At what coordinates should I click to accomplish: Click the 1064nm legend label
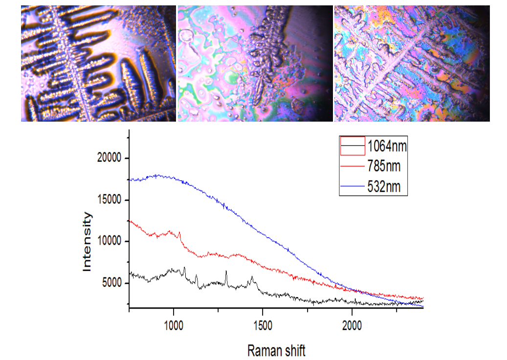[x=388, y=146]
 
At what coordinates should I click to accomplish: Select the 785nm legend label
[x=384, y=166]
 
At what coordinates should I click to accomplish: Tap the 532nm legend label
[x=384, y=186]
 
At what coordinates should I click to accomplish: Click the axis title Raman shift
[x=277, y=350]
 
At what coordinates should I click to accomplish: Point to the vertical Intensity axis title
[x=87, y=241]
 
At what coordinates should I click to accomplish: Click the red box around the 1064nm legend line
[x=353, y=146]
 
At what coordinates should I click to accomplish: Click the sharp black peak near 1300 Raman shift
[x=226, y=271]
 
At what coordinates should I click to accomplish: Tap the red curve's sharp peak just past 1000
[x=180, y=233]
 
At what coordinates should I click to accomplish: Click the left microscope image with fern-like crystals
[x=98, y=64]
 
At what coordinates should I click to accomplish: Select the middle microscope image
[x=254, y=64]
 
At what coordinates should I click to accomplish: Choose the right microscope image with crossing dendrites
[x=412, y=64]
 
